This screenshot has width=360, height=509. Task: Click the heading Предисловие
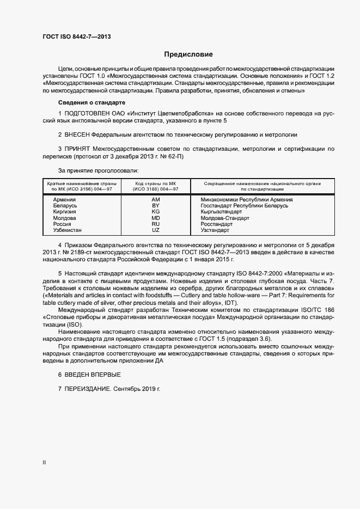(x=188, y=54)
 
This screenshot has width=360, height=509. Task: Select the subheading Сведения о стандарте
(x=91, y=102)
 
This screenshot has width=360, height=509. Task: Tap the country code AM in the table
(x=155, y=200)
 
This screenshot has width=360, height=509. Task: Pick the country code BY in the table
(x=155, y=206)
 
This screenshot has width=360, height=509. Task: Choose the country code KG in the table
(x=155, y=212)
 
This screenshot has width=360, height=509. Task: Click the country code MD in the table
(x=155, y=218)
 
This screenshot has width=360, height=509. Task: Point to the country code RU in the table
(x=155, y=224)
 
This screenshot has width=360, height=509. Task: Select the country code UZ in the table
(x=155, y=230)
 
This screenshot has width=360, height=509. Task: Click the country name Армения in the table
(x=64, y=200)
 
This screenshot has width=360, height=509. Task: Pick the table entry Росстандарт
(x=217, y=224)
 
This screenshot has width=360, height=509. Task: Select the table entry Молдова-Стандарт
(x=225, y=218)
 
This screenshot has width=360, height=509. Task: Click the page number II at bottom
(x=44, y=463)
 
